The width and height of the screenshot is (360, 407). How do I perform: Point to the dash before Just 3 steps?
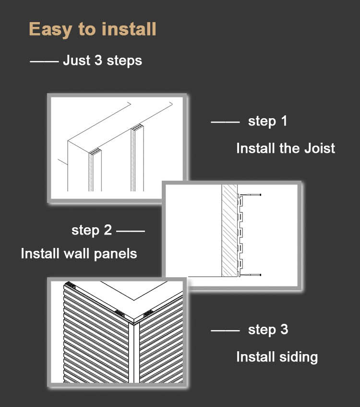tap(44, 62)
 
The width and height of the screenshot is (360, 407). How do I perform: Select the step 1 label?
tap(267, 121)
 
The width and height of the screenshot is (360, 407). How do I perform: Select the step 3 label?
tap(268, 330)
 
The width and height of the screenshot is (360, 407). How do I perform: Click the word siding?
tap(297, 357)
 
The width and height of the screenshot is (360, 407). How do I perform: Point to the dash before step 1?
tap(225, 122)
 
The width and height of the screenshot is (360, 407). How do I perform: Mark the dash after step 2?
tap(130, 231)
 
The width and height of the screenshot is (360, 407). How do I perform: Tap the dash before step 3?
tap(225, 331)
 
